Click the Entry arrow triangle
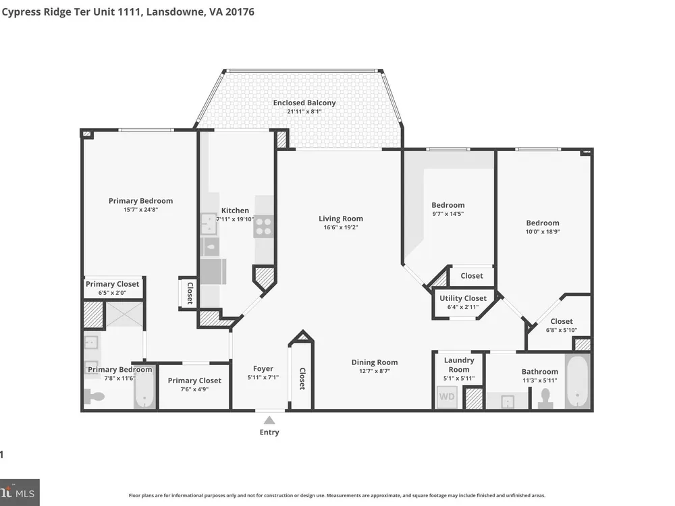coord(269,420)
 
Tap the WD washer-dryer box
coord(447,397)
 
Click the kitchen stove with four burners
coord(263,227)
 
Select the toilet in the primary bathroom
coord(94,396)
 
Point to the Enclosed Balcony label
coord(304,103)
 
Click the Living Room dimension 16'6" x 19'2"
coord(340,227)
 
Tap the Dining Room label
coord(375,362)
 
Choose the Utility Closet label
coord(463,298)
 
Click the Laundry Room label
coord(459,365)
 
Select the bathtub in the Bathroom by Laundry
coord(577,382)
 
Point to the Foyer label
coord(263,369)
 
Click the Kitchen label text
coord(235,210)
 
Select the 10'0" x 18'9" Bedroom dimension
coord(543,231)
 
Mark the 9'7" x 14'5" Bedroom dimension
coord(448,214)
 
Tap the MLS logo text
coord(26,493)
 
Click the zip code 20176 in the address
coord(240,11)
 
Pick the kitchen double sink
coord(209,224)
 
